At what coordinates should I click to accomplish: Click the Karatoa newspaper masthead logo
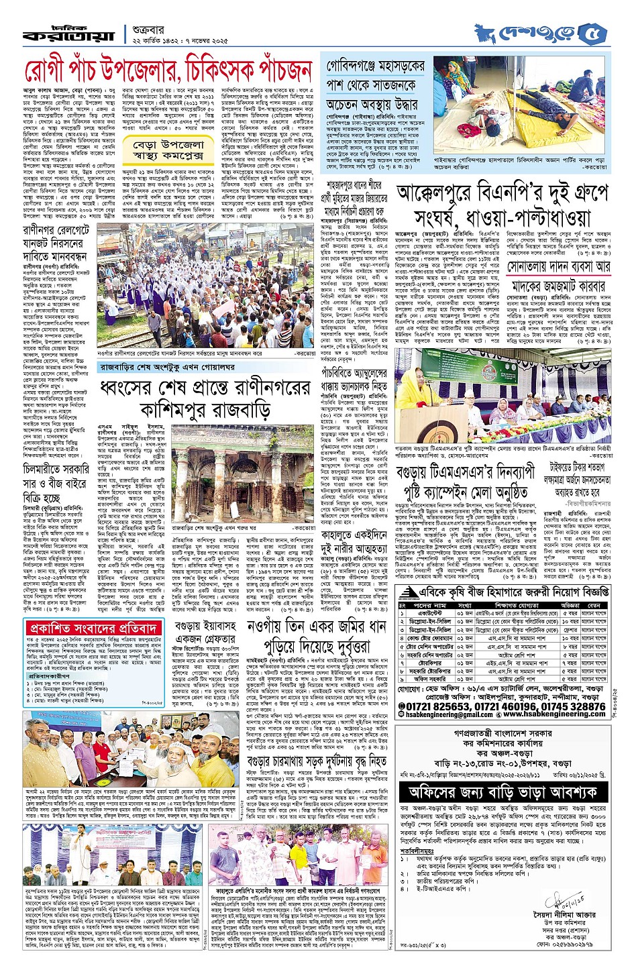(x=68, y=33)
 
